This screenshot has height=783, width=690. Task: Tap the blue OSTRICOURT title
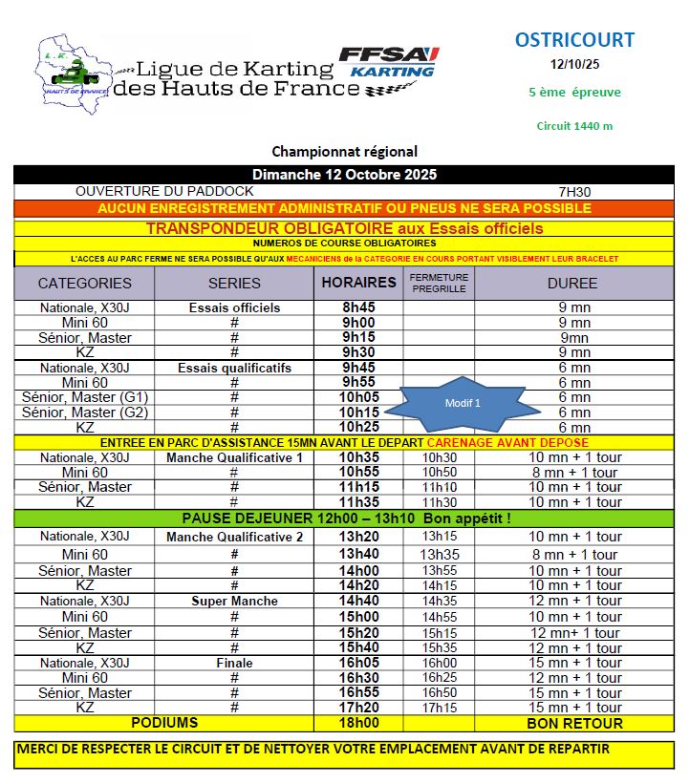point(574,40)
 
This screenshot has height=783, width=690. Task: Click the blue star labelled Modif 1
point(462,403)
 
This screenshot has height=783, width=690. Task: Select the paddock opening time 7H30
point(576,192)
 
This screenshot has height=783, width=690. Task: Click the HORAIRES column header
point(358,283)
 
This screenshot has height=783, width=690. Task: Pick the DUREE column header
point(572,284)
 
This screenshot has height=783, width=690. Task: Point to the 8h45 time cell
point(358,308)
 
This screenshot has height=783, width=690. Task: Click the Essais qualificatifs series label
point(234,368)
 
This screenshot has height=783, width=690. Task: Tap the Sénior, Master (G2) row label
point(85,413)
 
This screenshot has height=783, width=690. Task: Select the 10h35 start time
point(358,457)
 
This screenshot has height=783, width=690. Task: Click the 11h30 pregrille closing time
point(439,502)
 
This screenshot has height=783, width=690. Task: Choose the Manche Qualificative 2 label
point(234,537)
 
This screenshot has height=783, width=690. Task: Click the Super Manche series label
point(234,601)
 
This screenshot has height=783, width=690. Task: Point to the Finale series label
point(234,663)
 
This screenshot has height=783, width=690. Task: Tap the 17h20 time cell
point(358,708)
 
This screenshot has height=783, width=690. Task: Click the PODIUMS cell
point(164,723)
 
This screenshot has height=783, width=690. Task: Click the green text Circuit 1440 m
point(574,126)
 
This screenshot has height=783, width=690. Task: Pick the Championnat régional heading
point(344,152)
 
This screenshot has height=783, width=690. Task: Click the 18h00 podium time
point(358,723)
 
